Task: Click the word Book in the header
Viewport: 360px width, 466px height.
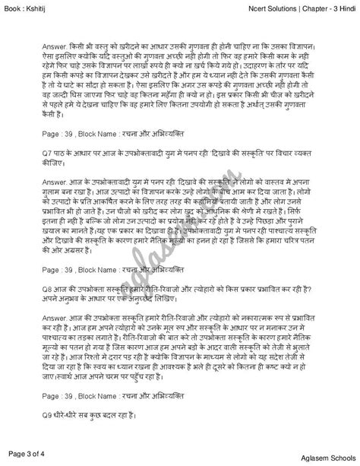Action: (x=14, y=6)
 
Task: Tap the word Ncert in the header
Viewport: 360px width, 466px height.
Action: (x=241, y=6)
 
